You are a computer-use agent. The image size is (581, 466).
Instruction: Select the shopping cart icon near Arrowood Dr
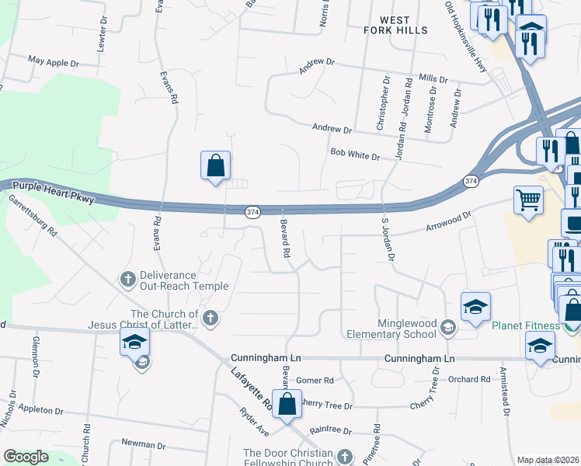(528, 200)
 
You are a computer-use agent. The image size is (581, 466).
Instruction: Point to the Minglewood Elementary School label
(395, 329)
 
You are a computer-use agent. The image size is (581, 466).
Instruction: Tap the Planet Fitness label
(526, 325)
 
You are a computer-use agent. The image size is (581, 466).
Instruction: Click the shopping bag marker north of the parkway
(215, 166)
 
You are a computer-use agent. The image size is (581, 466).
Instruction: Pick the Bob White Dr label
(354, 155)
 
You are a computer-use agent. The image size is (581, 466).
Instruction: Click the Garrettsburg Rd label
(33, 215)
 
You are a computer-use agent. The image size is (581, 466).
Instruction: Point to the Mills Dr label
(433, 78)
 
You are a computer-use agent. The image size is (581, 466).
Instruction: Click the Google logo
(26, 457)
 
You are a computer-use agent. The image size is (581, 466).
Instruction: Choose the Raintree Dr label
(330, 430)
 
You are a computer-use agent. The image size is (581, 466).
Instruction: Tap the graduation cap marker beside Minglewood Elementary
(475, 308)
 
